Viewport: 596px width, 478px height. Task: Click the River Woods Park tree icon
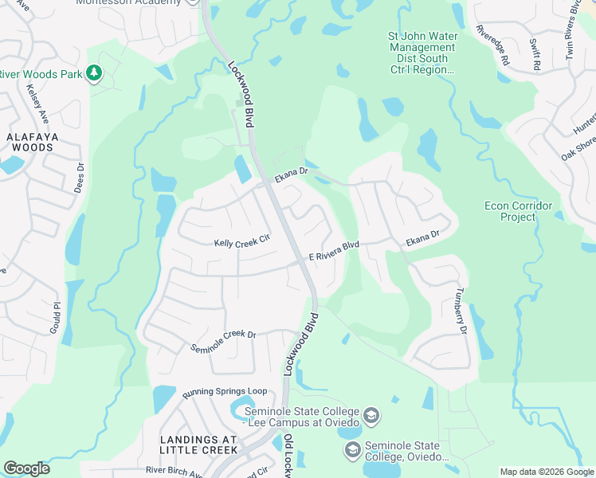pyautogui.click(x=94, y=74)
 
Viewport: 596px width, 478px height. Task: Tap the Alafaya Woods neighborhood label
pyautogui.click(x=29, y=142)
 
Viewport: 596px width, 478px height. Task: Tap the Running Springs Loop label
pyautogui.click(x=224, y=393)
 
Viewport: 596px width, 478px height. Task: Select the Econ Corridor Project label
pyautogui.click(x=518, y=211)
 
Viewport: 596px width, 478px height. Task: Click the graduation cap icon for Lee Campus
pyautogui.click(x=371, y=416)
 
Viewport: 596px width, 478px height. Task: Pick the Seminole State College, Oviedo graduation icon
pyautogui.click(x=352, y=451)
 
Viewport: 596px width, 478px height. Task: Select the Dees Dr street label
pyautogui.click(x=80, y=178)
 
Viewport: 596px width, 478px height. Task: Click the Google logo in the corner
pyautogui.click(x=26, y=468)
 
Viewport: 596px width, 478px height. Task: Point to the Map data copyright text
pyautogui.click(x=546, y=472)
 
